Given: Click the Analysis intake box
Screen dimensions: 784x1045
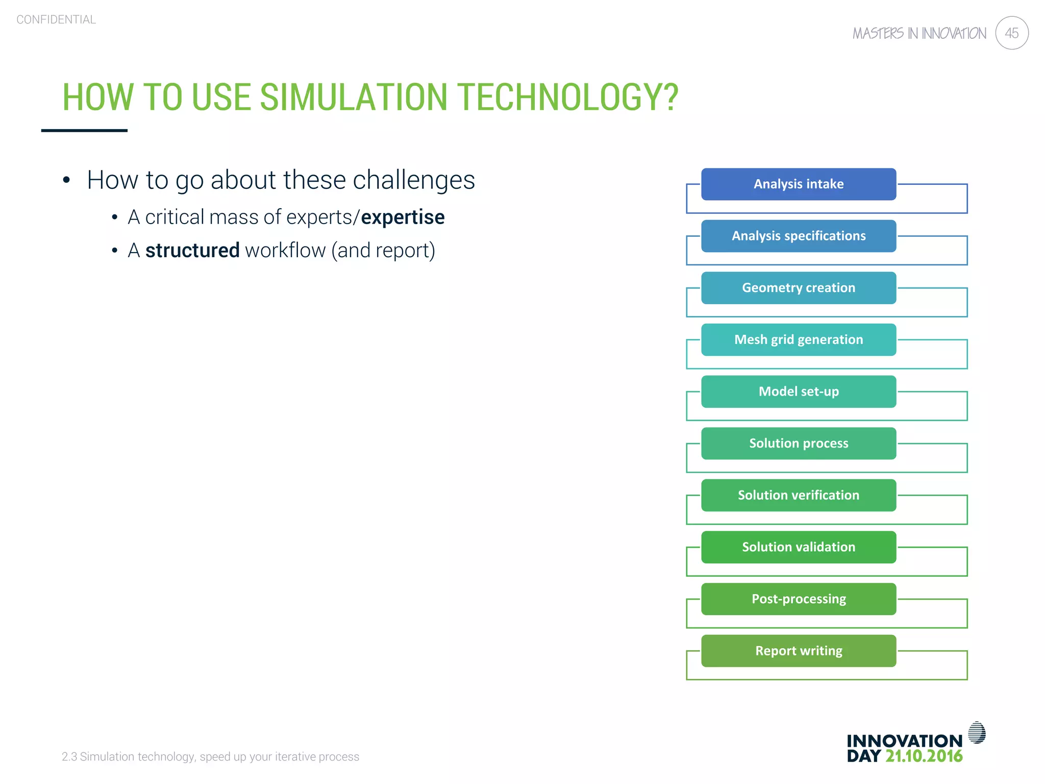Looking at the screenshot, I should coord(798,184).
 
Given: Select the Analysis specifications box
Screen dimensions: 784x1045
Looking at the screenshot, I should coord(798,236).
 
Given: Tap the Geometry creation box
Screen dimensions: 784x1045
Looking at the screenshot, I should coord(798,288).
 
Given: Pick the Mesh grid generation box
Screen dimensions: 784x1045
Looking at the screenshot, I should coord(798,340).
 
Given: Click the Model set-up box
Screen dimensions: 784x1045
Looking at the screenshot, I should coord(798,391).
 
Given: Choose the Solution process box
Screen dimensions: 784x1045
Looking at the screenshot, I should coord(798,444).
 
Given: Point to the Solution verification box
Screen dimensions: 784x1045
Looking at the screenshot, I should coord(798,495).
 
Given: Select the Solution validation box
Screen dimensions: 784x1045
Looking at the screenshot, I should coord(798,547).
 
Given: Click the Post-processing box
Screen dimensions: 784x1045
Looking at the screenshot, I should coord(798,599).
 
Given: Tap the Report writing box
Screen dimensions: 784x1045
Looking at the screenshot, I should coord(798,651).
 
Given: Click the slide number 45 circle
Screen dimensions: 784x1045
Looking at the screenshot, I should coord(1011,33).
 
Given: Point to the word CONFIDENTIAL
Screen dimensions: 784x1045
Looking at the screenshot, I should coord(56,20).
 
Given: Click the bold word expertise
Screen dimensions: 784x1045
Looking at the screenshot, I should coord(403,217).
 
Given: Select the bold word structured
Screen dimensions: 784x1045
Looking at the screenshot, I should coord(192,251).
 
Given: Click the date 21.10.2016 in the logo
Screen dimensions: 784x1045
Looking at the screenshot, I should coord(924,756).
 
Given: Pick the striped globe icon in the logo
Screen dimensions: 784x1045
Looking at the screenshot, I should coord(977,732).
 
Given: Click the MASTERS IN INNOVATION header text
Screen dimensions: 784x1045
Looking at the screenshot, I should coord(919,34).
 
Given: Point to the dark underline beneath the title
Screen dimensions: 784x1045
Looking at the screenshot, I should coord(84,131).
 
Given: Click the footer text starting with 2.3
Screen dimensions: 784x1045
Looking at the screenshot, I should coord(210,756).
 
